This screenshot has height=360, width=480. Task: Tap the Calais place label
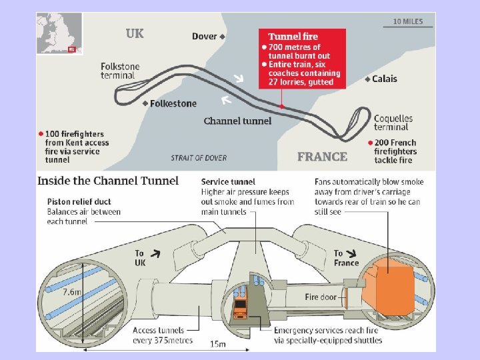tap(383, 79)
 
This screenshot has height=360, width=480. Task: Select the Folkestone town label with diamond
tap(173, 103)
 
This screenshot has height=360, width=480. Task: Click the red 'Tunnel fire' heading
tap(293, 37)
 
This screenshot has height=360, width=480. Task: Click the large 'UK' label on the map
tap(135, 33)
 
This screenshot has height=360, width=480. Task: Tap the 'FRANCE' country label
tap(322, 157)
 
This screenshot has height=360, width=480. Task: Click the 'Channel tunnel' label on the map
tap(237, 121)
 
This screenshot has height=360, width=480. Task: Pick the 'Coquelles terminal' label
tap(393, 123)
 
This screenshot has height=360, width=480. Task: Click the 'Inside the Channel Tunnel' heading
tap(108, 181)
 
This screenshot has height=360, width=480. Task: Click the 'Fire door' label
tap(321, 297)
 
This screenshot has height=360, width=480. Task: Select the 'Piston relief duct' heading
tap(79, 201)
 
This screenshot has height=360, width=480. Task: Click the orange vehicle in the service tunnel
tap(241, 311)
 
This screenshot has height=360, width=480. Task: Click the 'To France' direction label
tap(346, 257)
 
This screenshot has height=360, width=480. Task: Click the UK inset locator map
tap(59, 33)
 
